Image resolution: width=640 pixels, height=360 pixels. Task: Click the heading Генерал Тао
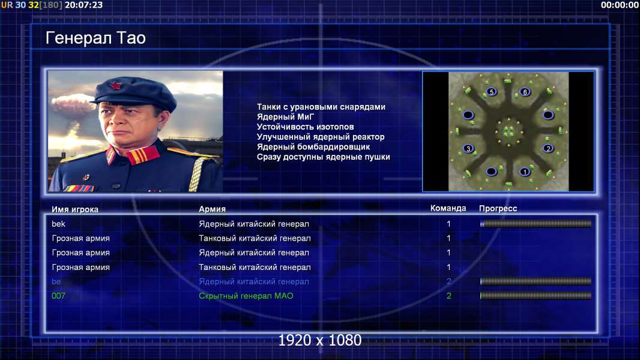(x=95, y=38)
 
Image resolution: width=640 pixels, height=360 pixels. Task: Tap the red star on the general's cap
(x=115, y=86)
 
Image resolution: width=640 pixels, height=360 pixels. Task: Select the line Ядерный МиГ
(x=285, y=116)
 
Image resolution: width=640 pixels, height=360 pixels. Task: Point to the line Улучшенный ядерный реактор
(x=321, y=137)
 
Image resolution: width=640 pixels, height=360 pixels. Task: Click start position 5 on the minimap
(x=492, y=92)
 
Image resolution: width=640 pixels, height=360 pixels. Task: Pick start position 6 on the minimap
(x=525, y=92)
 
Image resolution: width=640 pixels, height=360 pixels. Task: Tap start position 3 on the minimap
(x=468, y=148)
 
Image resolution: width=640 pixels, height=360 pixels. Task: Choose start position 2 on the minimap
(x=548, y=148)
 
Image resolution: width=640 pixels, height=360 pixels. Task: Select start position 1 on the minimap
(x=525, y=172)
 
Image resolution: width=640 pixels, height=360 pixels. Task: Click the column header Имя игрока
(x=75, y=209)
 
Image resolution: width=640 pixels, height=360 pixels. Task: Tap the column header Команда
(x=448, y=208)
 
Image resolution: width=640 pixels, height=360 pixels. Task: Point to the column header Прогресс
(x=498, y=208)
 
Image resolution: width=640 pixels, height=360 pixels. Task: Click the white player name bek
(x=58, y=224)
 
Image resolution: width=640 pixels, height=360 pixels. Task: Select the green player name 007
(x=58, y=296)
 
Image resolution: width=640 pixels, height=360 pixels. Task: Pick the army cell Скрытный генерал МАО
(x=246, y=296)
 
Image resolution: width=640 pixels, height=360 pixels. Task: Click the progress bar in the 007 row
(x=536, y=296)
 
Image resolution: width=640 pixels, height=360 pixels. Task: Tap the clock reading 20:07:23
(x=83, y=5)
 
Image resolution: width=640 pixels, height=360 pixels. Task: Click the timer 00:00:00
(x=620, y=5)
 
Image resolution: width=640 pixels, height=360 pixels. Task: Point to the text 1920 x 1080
(x=320, y=340)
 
